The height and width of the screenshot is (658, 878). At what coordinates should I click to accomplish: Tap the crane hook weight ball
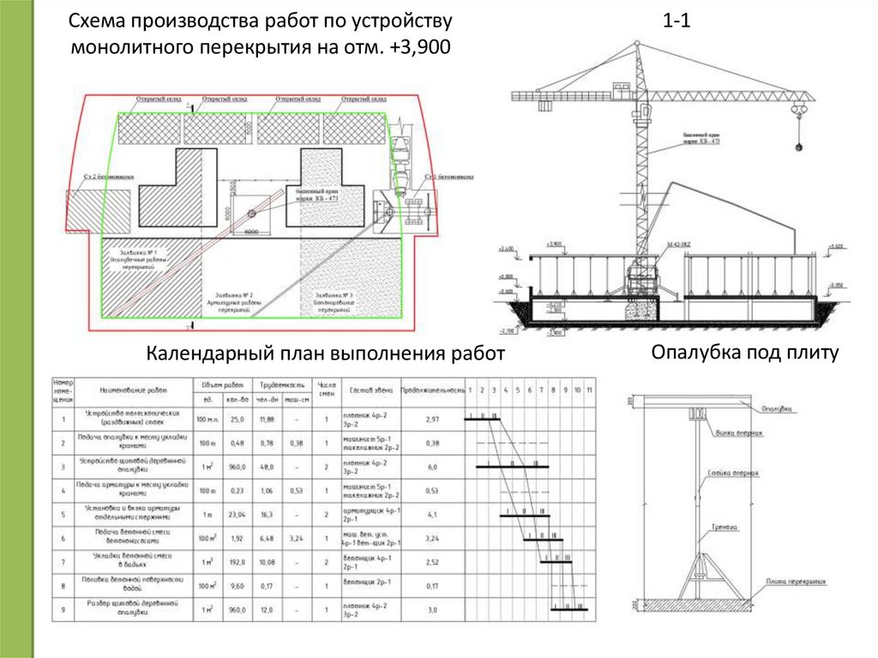798,147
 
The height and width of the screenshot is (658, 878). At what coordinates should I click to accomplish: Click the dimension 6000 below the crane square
251,232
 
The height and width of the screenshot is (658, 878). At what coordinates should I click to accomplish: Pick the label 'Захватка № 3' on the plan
334,295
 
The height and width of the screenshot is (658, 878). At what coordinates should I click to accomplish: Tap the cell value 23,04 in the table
237,515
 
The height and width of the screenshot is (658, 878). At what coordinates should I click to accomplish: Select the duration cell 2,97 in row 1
432,419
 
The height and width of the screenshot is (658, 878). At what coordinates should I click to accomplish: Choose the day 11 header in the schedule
588,390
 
